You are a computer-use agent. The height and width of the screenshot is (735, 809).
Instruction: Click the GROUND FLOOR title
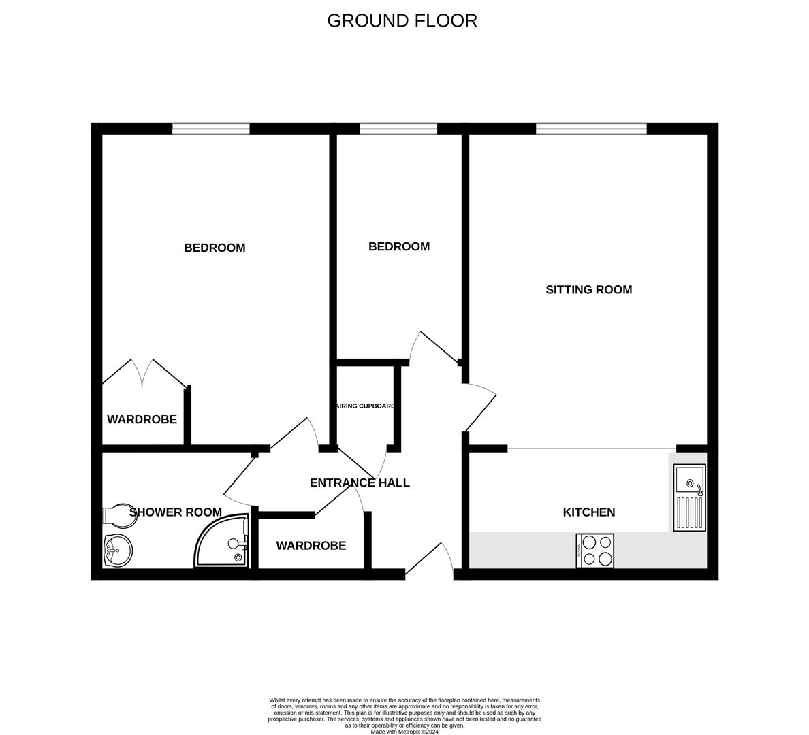(402, 20)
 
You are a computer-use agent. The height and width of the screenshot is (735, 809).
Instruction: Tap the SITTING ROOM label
(588, 289)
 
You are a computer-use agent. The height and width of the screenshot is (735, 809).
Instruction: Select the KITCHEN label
(588, 512)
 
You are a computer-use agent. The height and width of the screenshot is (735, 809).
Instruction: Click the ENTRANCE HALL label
(360, 483)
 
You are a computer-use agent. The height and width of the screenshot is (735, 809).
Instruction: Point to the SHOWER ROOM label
(176, 512)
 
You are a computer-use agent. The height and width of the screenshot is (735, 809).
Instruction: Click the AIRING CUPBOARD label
(365, 406)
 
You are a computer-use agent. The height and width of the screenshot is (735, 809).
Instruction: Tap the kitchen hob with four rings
(595, 551)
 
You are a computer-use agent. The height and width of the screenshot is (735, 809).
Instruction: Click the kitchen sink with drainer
(689, 497)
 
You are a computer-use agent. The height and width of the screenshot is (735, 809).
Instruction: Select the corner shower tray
(222, 542)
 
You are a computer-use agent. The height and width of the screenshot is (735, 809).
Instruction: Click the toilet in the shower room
(116, 515)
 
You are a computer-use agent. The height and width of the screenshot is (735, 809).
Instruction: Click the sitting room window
(591, 129)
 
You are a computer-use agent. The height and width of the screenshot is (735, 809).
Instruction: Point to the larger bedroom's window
(211, 129)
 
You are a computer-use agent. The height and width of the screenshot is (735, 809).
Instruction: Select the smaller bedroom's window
(398, 129)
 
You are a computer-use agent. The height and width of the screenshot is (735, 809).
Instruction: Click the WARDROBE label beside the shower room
(311, 546)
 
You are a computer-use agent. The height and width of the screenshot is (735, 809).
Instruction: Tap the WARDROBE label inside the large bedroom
(142, 419)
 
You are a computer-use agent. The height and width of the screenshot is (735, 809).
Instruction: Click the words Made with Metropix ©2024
(404, 732)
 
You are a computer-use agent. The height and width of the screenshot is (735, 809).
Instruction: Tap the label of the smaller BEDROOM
(399, 246)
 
